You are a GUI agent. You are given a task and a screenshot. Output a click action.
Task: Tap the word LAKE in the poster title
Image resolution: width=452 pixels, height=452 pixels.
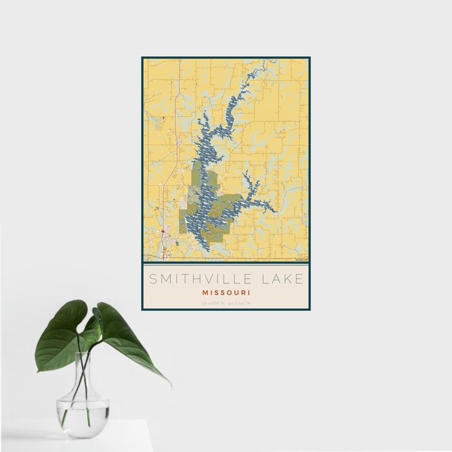click(282, 280)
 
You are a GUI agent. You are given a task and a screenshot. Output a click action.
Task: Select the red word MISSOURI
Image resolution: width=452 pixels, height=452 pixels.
click(226, 293)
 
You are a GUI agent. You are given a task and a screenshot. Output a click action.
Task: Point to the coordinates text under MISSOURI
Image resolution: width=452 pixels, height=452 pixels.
click(226, 303)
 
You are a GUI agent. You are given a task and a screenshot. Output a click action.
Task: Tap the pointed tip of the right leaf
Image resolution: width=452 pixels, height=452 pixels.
click(170, 385)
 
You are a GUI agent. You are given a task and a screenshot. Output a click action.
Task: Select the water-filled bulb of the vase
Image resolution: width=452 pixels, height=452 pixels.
click(83, 413)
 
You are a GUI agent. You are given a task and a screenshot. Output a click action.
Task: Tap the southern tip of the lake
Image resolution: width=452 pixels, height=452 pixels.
click(205, 250)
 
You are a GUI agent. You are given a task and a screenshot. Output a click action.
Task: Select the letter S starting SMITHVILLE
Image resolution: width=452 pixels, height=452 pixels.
click(153, 280)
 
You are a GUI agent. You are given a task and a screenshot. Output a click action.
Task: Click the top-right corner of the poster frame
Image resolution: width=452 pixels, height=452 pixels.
click(309, 58)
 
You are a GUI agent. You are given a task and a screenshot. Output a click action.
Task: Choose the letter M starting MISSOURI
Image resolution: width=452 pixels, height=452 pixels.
click(203, 293)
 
